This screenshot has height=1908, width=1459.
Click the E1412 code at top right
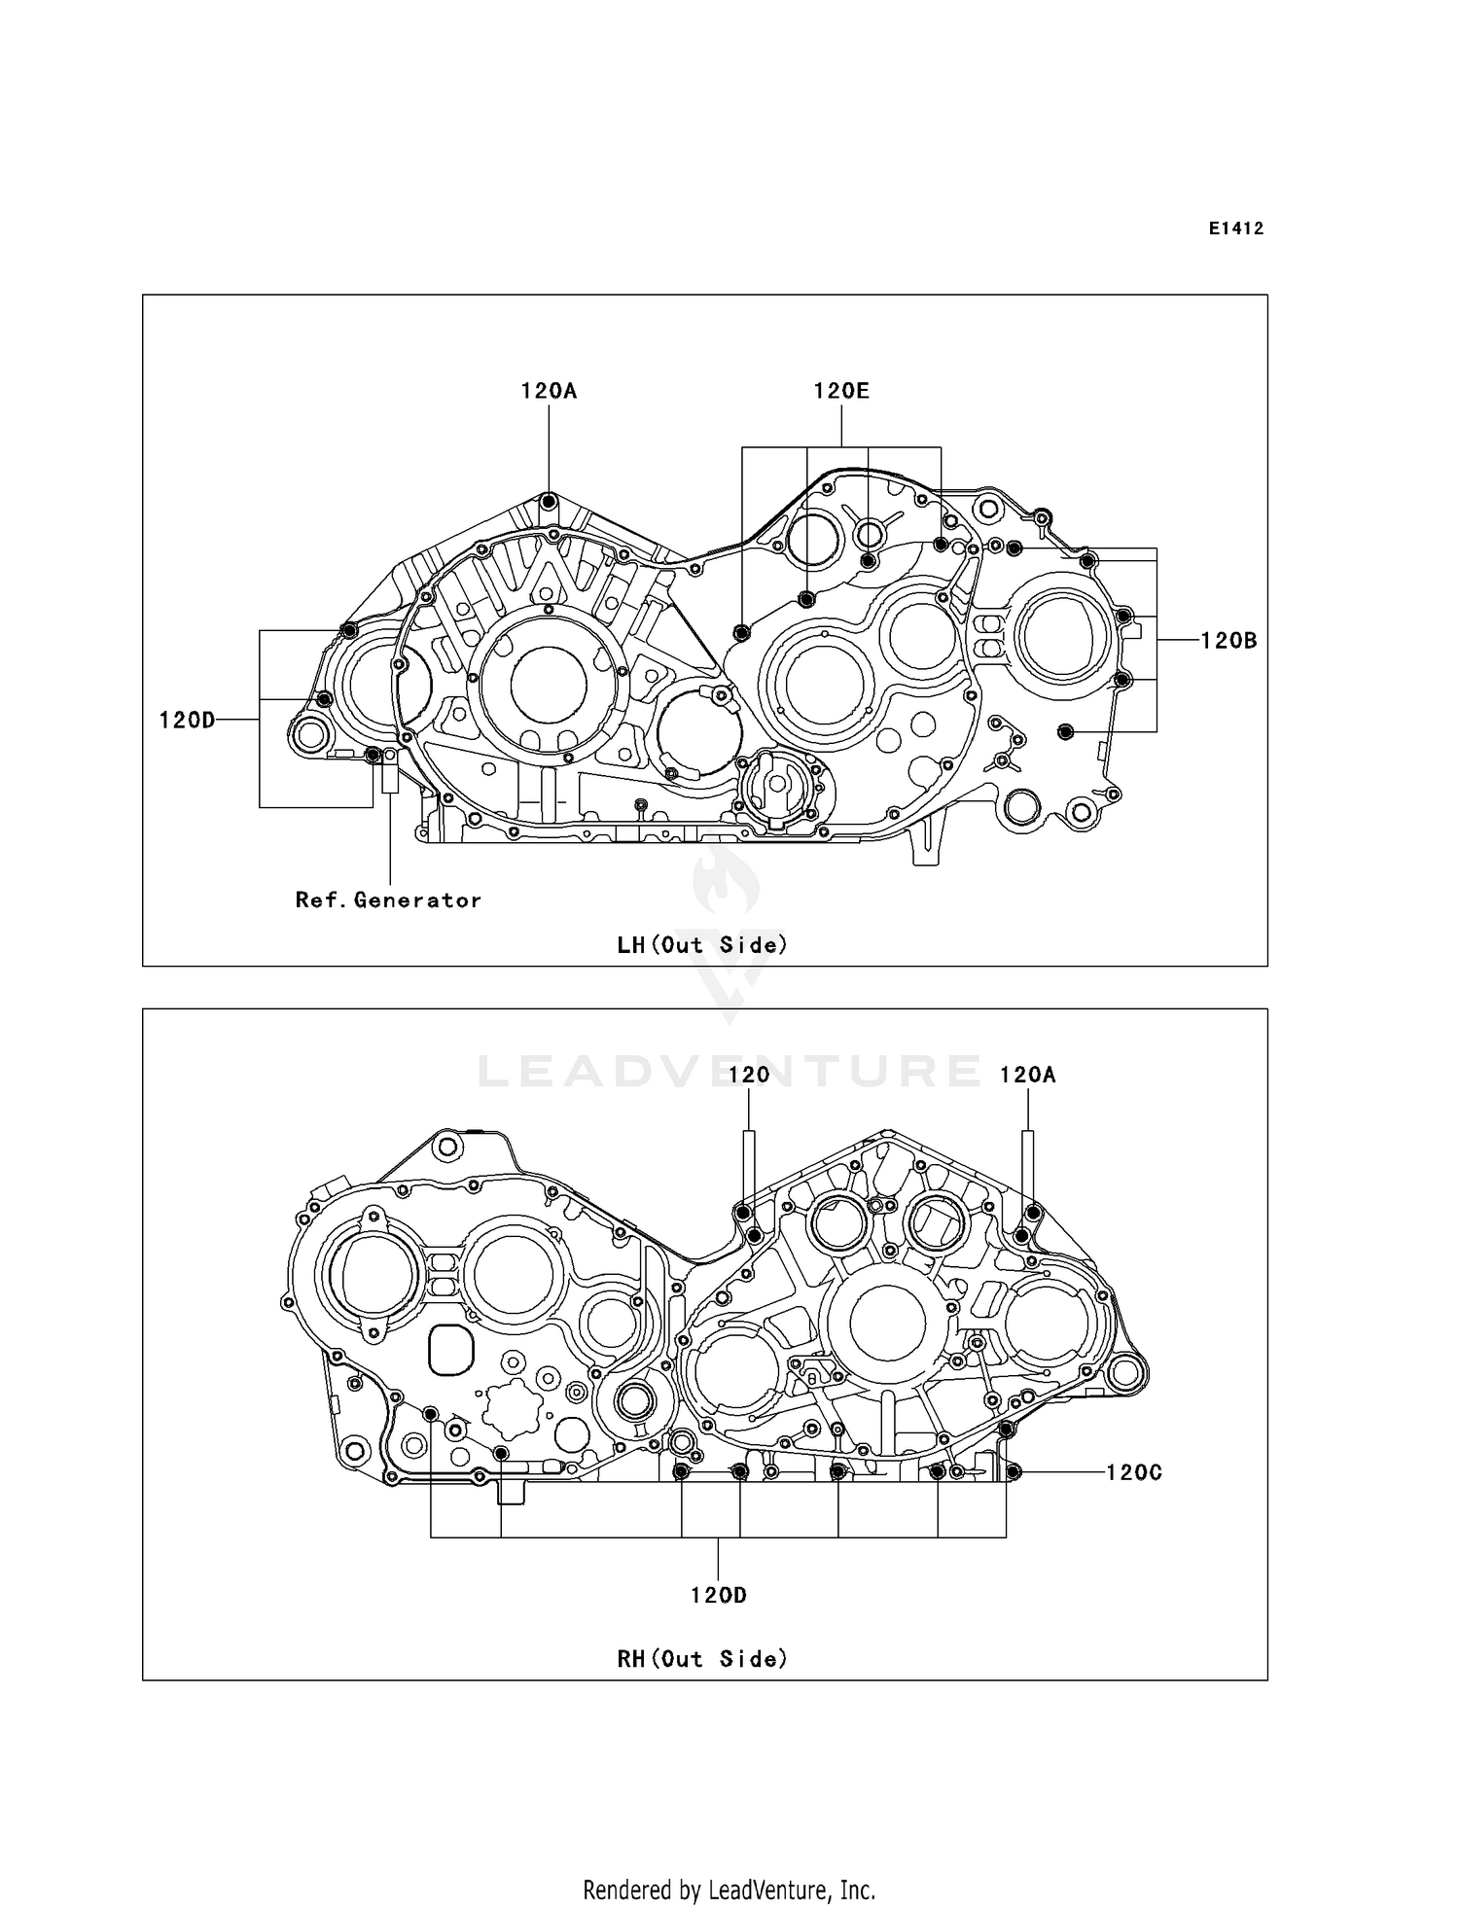pos(1236,229)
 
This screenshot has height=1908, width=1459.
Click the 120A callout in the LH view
pos(549,391)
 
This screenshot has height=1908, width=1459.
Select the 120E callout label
pos(841,391)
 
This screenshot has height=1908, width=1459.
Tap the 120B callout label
pos(1228,641)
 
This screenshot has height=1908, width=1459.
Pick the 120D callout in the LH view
pos(187,720)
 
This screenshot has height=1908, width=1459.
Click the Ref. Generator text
pos(388,901)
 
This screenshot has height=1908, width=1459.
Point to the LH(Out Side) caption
pos(702,944)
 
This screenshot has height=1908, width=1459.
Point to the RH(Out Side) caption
pos(702,1659)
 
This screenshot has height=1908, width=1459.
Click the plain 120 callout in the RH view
pos(749,1075)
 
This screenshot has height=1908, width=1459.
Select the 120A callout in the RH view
pos(1028,1075)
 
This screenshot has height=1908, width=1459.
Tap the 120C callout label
pos(1134,1472)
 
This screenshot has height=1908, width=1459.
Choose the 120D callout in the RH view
pos(719,1595)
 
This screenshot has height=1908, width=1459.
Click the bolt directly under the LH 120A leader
pos(549,502)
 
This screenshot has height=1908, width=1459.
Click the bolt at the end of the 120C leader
pos(1014,1472)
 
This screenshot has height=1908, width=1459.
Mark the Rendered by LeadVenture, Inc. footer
pos(729,1890)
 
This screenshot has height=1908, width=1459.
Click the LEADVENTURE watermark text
pos(729,1072)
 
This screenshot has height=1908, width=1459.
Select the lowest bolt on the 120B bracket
pos(1064,731)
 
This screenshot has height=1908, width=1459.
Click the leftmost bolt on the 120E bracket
pos(741,634)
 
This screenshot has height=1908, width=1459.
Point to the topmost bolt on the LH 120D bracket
pos(350,631)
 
